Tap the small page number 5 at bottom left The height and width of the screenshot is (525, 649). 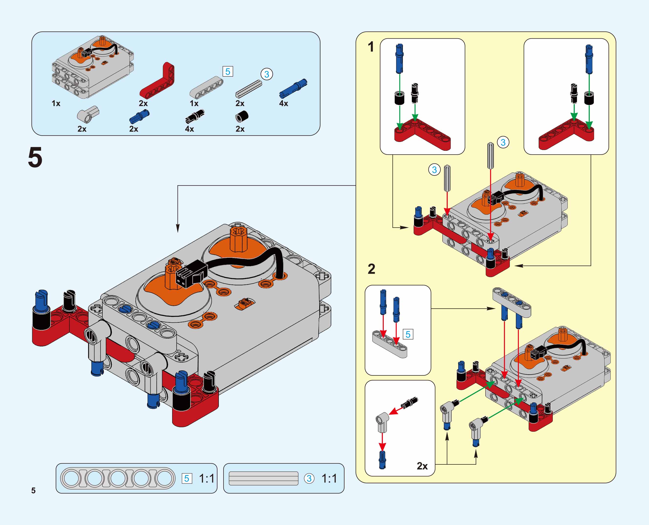[x=33, y=490]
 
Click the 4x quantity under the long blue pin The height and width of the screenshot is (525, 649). [x=283, y=103]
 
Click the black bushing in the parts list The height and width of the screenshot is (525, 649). [x=242, y=116]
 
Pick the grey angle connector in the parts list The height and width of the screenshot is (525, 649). [x=88, y=114]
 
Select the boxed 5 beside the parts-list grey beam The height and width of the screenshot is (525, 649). [x=228, y=72]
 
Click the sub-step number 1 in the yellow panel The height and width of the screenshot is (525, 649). [x=371, y=47]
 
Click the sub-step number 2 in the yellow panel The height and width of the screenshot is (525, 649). [x=371, y=269]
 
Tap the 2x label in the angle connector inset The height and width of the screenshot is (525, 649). [x=422, y=466]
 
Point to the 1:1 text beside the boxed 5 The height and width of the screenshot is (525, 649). [x=207, y=478]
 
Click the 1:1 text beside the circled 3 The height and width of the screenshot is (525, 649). [x=329, y=478]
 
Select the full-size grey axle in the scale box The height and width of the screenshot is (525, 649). [x=263, y=478]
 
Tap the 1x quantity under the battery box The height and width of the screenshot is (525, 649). [x=56, y=103]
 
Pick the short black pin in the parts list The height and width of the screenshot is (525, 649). [x=195, y=117]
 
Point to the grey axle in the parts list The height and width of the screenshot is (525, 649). [x=249, y=89]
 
